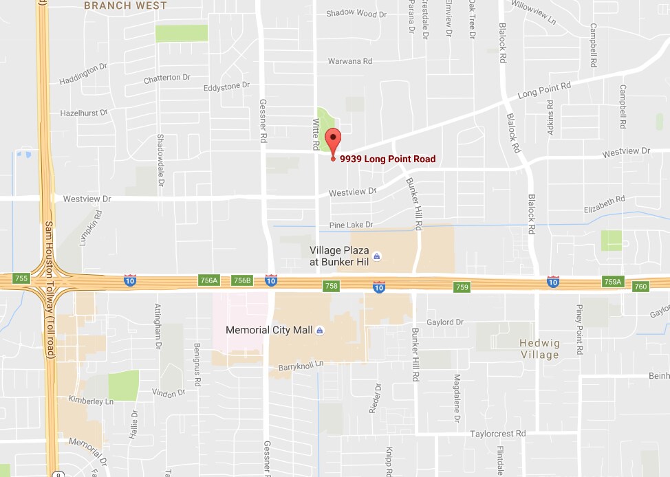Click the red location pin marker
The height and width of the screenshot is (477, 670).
point(333,140)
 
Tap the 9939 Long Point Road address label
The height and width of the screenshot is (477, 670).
point(387,159)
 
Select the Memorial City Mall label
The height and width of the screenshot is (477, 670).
point(269,330)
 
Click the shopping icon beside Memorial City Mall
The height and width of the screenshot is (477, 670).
point(319,331)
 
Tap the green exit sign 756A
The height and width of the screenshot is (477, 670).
point(209,280)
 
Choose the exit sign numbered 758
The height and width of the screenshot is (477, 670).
point(332,285)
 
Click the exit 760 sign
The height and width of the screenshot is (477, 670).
point(640,286)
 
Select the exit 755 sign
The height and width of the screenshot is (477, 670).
point(21,278)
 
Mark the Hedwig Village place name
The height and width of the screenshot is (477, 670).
point(540,348)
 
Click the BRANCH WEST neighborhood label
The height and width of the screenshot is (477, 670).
point(125,5)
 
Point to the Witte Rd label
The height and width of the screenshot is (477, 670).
point(316,134)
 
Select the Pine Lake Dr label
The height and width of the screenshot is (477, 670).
point(351,225)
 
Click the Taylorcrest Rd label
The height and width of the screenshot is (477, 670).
point(497,434)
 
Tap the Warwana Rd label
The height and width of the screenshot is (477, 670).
point(349,61)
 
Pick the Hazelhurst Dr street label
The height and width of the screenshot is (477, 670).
point(84,113)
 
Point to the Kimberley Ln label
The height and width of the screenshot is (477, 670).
point(91,400)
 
